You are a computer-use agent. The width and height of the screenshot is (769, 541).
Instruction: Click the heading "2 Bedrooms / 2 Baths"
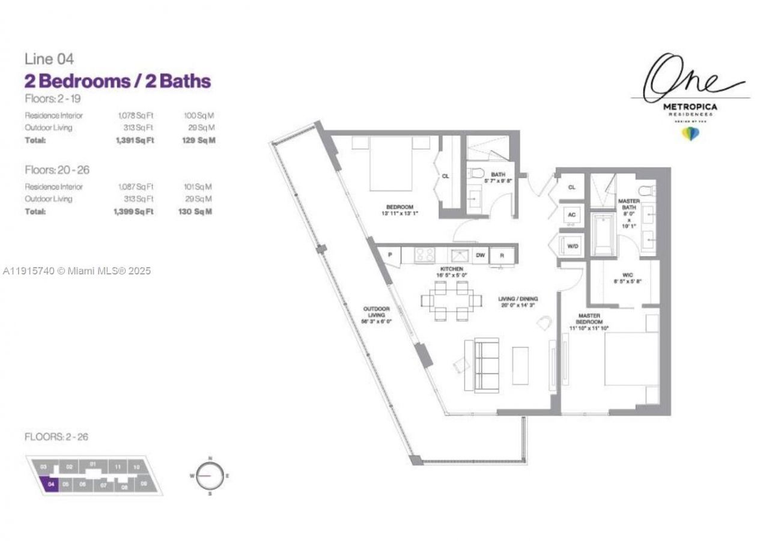118,81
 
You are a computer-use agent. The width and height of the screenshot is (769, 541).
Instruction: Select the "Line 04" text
49,59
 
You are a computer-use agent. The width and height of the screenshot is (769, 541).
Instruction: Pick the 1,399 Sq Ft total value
133,211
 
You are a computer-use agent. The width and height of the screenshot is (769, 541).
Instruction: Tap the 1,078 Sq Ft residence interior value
135,115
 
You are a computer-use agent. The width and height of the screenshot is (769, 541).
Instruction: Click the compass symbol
210,475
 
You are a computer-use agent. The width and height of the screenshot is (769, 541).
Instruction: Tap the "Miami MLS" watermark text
76,271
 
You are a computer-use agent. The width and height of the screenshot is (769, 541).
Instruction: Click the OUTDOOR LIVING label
376,315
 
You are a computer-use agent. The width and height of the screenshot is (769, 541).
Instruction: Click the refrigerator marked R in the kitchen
502,255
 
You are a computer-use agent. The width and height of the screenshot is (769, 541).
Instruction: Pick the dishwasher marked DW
481,255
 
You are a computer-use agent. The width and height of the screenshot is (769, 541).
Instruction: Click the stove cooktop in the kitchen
425,255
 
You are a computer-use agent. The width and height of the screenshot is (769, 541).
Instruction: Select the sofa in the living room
485,365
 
